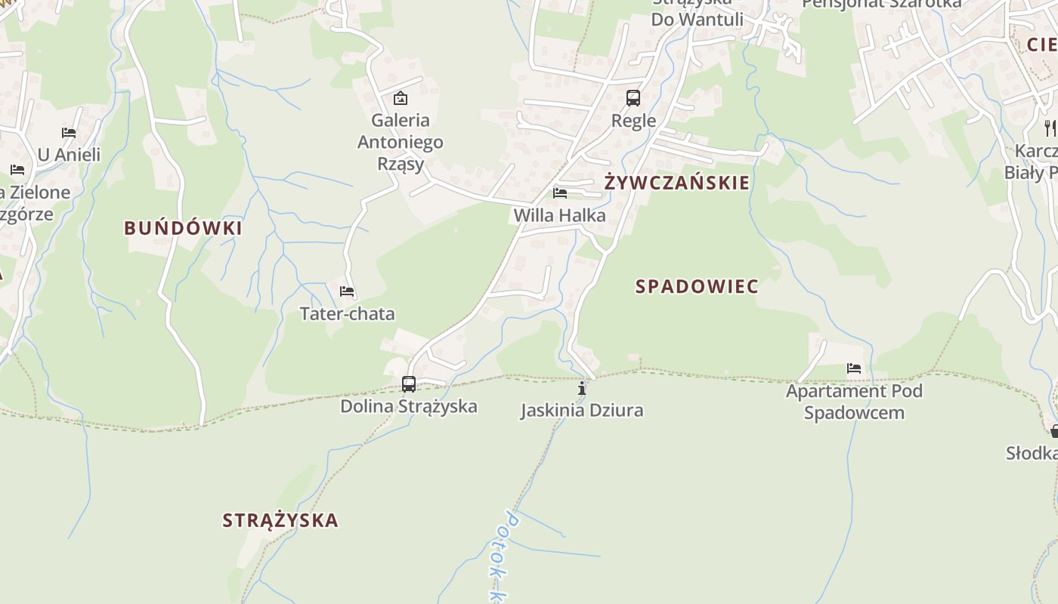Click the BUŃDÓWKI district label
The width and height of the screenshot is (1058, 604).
click(183, 228)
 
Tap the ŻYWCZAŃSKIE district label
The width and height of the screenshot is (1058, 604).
click(677, 183)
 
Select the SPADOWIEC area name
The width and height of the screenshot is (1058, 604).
click(697, 287)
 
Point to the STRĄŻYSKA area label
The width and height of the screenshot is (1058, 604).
click(280, 520)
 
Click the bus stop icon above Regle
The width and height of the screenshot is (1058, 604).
click(633, 98)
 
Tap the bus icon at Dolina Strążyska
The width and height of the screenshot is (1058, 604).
click(409, 384)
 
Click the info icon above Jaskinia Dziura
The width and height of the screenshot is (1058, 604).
click(582, 389)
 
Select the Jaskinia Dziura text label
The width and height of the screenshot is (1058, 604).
click(582, 411)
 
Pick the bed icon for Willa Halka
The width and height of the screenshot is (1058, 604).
click(560, 193)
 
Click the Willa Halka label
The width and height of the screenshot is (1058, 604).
click(559, 216)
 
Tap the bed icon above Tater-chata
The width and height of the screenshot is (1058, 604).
click(347, 291)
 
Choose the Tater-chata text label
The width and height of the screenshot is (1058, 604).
click(347, 314)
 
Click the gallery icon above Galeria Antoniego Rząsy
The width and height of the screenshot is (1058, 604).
click(401, 98)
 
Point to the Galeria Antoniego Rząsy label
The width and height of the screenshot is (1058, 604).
click(401, 142)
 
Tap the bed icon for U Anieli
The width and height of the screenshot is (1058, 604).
click(69, 133)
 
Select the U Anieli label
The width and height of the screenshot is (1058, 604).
click(69, 156)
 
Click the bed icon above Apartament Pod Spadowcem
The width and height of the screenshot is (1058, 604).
click(854, 368)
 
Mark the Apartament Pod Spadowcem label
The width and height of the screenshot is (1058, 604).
click(854, 402)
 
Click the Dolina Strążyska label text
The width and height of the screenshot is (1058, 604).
click(409, 407)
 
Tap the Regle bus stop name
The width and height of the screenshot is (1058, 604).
click(633, 121)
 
